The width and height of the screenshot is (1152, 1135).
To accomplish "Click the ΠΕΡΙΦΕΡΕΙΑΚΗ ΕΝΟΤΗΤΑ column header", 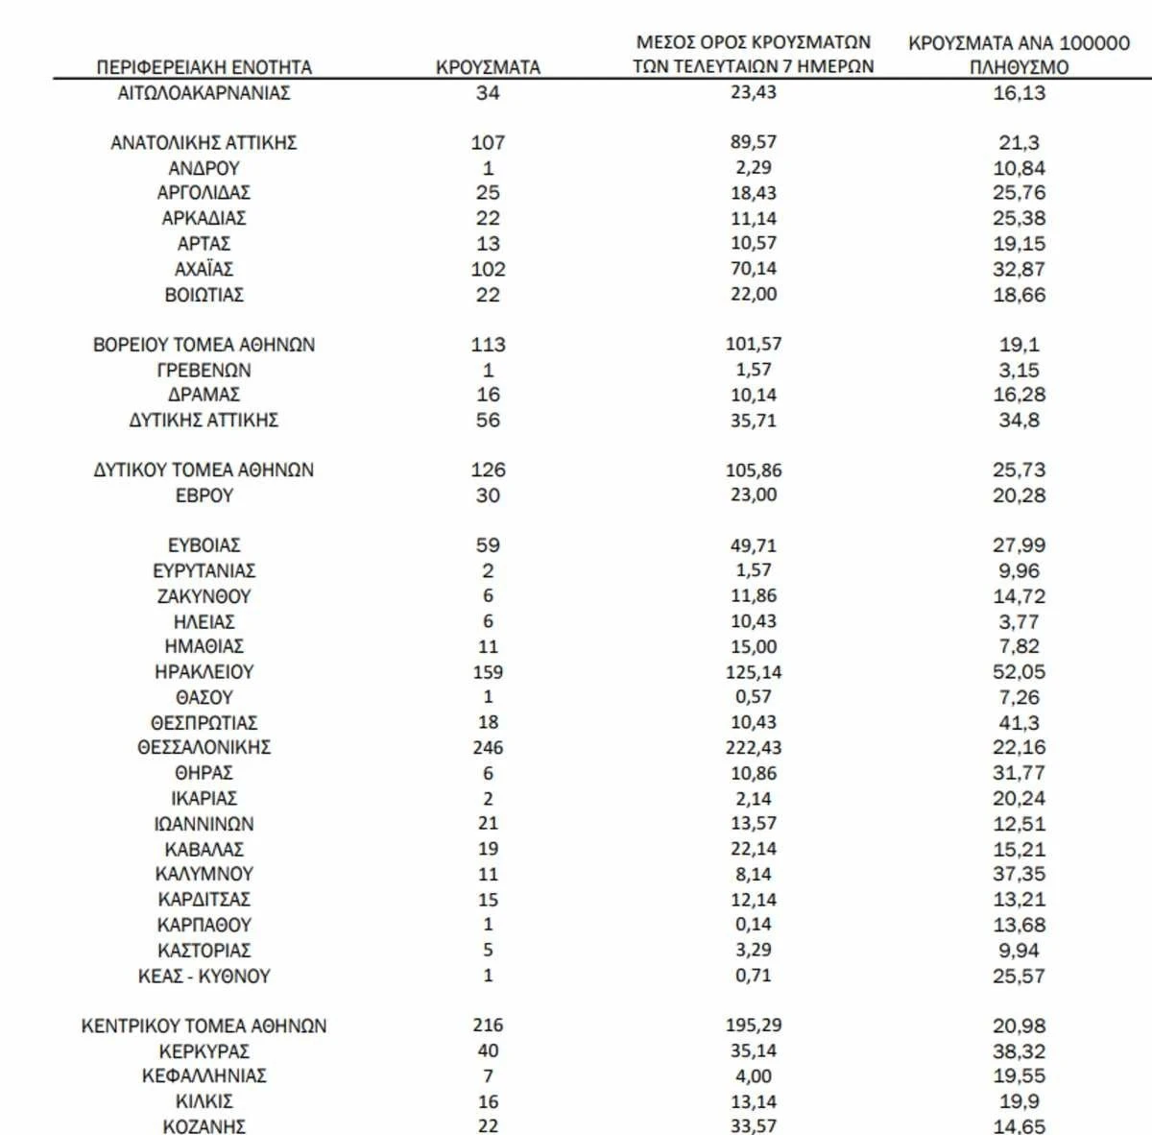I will pyautogui.click(x=204, y=67).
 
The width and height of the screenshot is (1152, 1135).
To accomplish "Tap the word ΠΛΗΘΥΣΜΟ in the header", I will pyautogui.click(x=1019, y=67).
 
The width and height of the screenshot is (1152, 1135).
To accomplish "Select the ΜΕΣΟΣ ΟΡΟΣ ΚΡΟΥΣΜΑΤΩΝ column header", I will pyautogui.click(x=754, y=42).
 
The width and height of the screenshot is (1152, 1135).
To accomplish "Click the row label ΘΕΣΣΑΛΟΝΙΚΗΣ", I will pyautogui.click(x=204, y=747).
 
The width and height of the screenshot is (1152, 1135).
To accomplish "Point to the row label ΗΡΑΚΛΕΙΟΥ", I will pyautogui.click(x=204, y=672).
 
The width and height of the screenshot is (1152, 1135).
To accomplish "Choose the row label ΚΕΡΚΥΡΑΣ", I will pyautogui.click(x=204, y=1051).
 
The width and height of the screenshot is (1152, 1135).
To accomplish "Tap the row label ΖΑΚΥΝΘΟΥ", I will pyautogui.click(x=204, y=596).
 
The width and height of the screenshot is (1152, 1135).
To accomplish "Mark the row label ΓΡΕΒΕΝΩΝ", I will pyautogui.click(x=204, y=370).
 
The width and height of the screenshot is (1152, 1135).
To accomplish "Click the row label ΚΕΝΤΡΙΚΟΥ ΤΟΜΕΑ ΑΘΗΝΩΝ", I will pyautogui.click(x=204, y=1026).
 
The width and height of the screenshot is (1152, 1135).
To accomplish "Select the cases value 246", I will pyautogui.click(x=488, y=747).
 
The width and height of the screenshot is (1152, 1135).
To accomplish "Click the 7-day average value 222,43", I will pyautogui.click(x=754, y=747).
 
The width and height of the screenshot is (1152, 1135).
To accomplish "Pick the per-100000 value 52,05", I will pyautogui.click(x=1019, y=672).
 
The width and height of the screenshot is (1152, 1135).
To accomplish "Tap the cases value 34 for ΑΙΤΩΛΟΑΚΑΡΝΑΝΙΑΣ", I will pyautogui.click(x=488, y=93).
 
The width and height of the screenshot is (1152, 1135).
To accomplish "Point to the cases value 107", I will pyautogui.click(x=488, y=142).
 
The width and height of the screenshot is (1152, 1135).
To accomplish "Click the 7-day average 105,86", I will pyautogui.click(x=754, y=471).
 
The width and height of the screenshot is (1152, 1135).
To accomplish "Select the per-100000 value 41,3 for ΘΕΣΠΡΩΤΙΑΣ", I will pyautogui.click(x=1019, y=722).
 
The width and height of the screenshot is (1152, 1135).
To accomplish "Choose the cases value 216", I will pyautogui.click(x=488, y=1026).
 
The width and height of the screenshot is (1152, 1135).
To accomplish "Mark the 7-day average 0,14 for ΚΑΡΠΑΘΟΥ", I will pyautogui.click(x=754, y=925).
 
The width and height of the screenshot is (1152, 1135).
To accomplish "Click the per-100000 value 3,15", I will pyautogui.click(x=1019, y=370).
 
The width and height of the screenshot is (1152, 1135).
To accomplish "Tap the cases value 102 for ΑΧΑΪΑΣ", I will pyautogui.click(x=488, y=270).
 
